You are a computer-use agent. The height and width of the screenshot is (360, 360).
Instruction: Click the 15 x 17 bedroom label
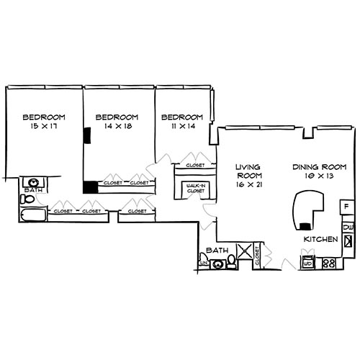click(x=43, y=122)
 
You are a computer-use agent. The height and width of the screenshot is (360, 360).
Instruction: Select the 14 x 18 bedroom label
click(x=116, y=122)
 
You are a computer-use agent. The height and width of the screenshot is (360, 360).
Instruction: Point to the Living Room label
click(x=248, y=175)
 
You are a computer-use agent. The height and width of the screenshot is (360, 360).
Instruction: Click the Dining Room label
click(x=315, y=171)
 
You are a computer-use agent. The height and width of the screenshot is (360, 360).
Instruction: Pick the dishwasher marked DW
click(x=348, y=228)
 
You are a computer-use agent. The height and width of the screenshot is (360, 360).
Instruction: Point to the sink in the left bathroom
click(x=33, y=182)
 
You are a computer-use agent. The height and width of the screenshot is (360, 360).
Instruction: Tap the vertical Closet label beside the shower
click(x=258, y=258)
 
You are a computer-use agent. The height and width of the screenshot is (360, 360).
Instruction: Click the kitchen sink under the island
click(x=307, y=261)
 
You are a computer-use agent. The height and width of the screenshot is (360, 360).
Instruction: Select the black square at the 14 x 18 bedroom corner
click(x=89, y=187)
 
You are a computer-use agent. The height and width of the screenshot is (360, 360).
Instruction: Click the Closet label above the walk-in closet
click(x=194, y=165)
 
